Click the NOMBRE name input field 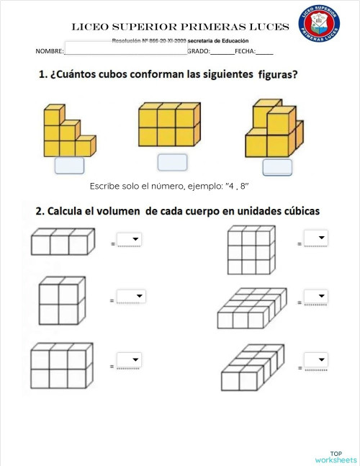[x=125, y=51]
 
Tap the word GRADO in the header [x=198, y=51]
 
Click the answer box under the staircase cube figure [x=69, y=165]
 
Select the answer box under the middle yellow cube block [x=172, y=162]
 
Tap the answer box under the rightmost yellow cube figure [x=277, y=167]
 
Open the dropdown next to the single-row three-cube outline [x=130, y=240]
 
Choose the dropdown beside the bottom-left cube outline [x=130, y=360]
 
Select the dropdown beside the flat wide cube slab [x=316, y=297]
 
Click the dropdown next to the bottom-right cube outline [x=316, y=360]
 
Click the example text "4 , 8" [x=237, y=186]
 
